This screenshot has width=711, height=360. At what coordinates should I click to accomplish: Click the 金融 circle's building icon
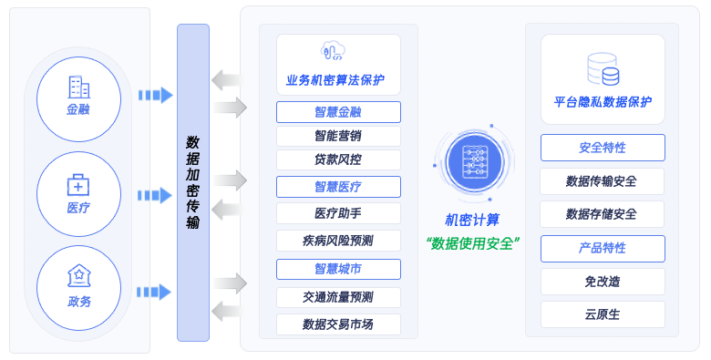[78, 87]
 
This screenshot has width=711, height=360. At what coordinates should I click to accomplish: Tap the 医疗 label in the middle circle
[78, 208]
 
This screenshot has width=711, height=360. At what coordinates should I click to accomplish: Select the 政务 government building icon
[78, 274]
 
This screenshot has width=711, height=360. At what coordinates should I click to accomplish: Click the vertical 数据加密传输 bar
[193, 182]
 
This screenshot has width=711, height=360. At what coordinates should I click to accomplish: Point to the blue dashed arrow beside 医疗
[155, 195]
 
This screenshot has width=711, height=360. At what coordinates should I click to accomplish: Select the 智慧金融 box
[338, 112]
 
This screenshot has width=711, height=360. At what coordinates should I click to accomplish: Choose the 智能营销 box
[338, 136]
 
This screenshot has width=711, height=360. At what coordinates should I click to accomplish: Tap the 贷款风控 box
[338, 159]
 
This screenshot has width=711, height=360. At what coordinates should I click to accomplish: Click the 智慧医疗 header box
[338, 187]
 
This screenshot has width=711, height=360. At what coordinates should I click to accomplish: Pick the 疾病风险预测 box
[338, 241]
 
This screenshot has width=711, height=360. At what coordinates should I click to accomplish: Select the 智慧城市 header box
[338, 269]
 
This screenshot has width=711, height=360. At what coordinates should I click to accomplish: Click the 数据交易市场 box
[338, 324]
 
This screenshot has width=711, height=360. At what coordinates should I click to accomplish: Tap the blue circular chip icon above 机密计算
[474, 160]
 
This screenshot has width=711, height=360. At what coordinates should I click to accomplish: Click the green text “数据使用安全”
[472, 243]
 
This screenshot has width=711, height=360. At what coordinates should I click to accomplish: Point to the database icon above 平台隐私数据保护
[603, 69]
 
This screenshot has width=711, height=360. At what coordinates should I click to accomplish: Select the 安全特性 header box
[603, 148]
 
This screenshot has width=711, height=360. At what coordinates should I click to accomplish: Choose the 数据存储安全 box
[603, 214]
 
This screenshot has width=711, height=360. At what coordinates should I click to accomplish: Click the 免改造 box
[603, 282]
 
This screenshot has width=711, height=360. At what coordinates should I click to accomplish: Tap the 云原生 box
[603, 314]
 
